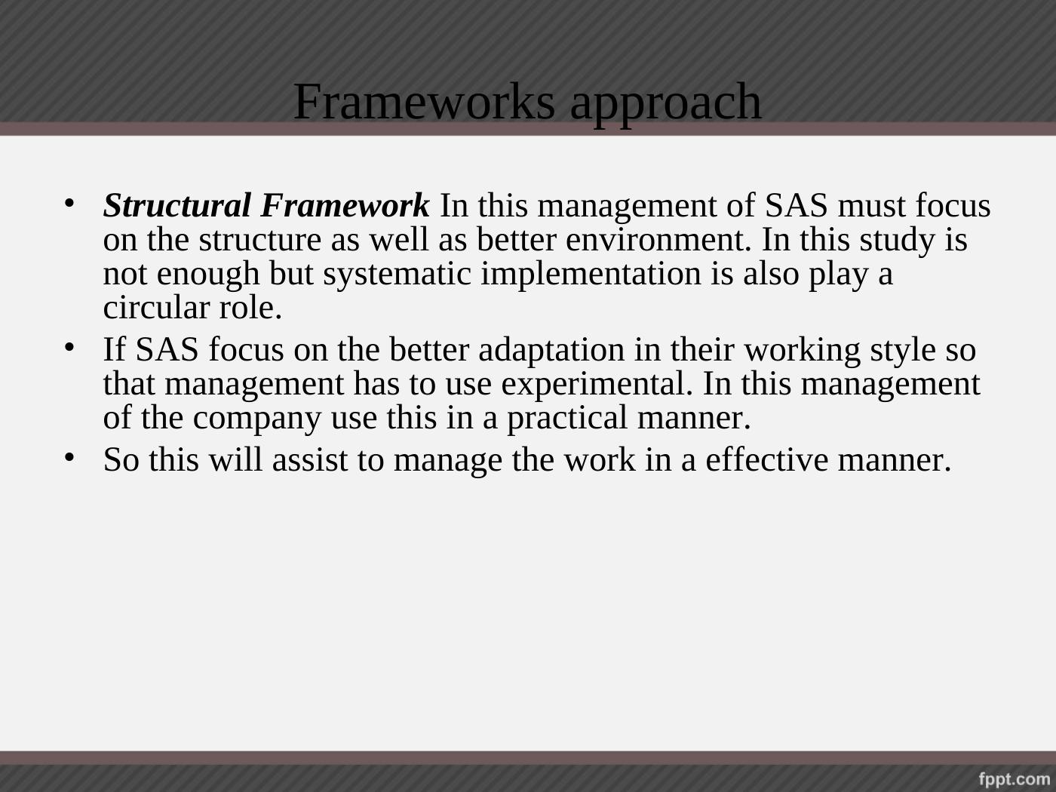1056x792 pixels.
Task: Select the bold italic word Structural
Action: pos(177,205)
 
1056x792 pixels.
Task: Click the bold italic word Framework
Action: pos(345,205)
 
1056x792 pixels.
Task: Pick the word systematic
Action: pos(397,274)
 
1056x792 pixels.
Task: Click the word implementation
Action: pos(591,274)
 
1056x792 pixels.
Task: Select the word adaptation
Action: pos(551,350)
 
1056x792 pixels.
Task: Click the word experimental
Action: pos(597,384)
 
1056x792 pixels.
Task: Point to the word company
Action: pos(257,419)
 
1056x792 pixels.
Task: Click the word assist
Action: pos(310,459)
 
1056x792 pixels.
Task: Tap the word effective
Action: pos(767,459)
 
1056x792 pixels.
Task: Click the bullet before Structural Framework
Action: pos(69,203)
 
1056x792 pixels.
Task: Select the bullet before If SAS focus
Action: pos(69,347)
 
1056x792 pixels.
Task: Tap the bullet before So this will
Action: pos(69,457)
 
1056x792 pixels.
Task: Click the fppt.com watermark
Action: pos(1015,778)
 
